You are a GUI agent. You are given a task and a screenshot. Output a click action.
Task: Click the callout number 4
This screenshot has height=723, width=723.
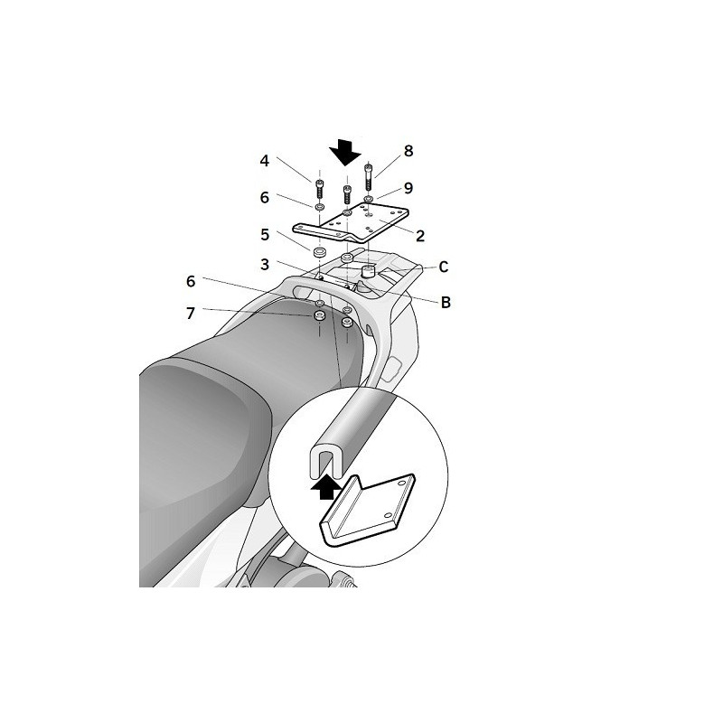(265, 162)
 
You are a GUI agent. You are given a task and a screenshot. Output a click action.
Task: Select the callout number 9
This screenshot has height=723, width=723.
(408, 188)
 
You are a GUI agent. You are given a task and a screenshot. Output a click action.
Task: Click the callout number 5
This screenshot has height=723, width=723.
(265, 234)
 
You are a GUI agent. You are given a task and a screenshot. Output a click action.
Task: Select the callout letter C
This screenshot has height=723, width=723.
(444, 267)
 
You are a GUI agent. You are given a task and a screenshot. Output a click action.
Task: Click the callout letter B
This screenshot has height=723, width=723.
(445, 303)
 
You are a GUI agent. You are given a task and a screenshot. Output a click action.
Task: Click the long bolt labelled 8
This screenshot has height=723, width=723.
(369, 175)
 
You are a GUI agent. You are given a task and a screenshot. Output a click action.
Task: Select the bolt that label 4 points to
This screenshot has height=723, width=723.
(319, 191)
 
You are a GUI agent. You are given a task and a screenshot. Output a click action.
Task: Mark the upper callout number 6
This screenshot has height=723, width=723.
(265, 198)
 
